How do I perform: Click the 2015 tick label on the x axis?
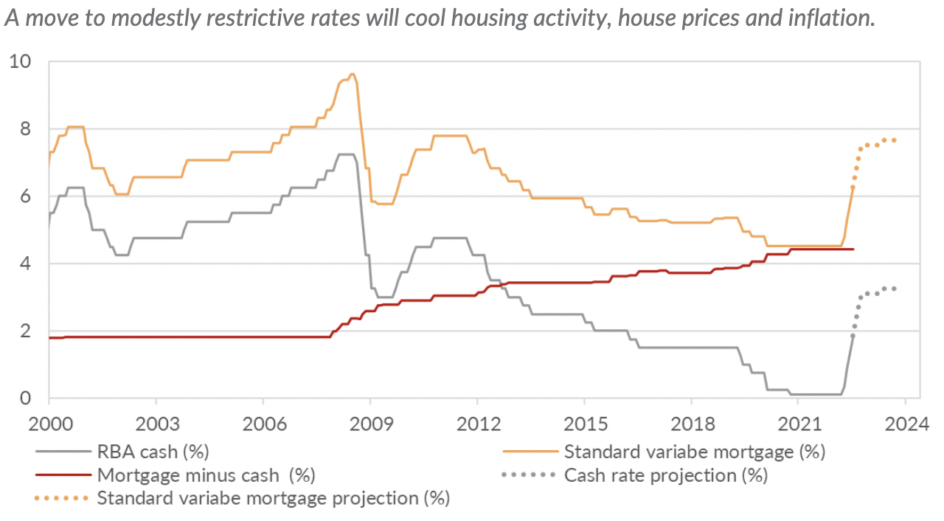click(583, 426)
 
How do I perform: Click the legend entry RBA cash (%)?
click(153, 451)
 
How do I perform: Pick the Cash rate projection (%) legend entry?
click(665, 475)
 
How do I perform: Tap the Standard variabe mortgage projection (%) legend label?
click(273, 498)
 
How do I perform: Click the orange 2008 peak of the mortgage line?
click(353, 74)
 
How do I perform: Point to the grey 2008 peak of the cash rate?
click(347, 154)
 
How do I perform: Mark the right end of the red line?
click(853, 249)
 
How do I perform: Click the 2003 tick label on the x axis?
click(156, 426)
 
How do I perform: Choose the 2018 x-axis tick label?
click(690, 426)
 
